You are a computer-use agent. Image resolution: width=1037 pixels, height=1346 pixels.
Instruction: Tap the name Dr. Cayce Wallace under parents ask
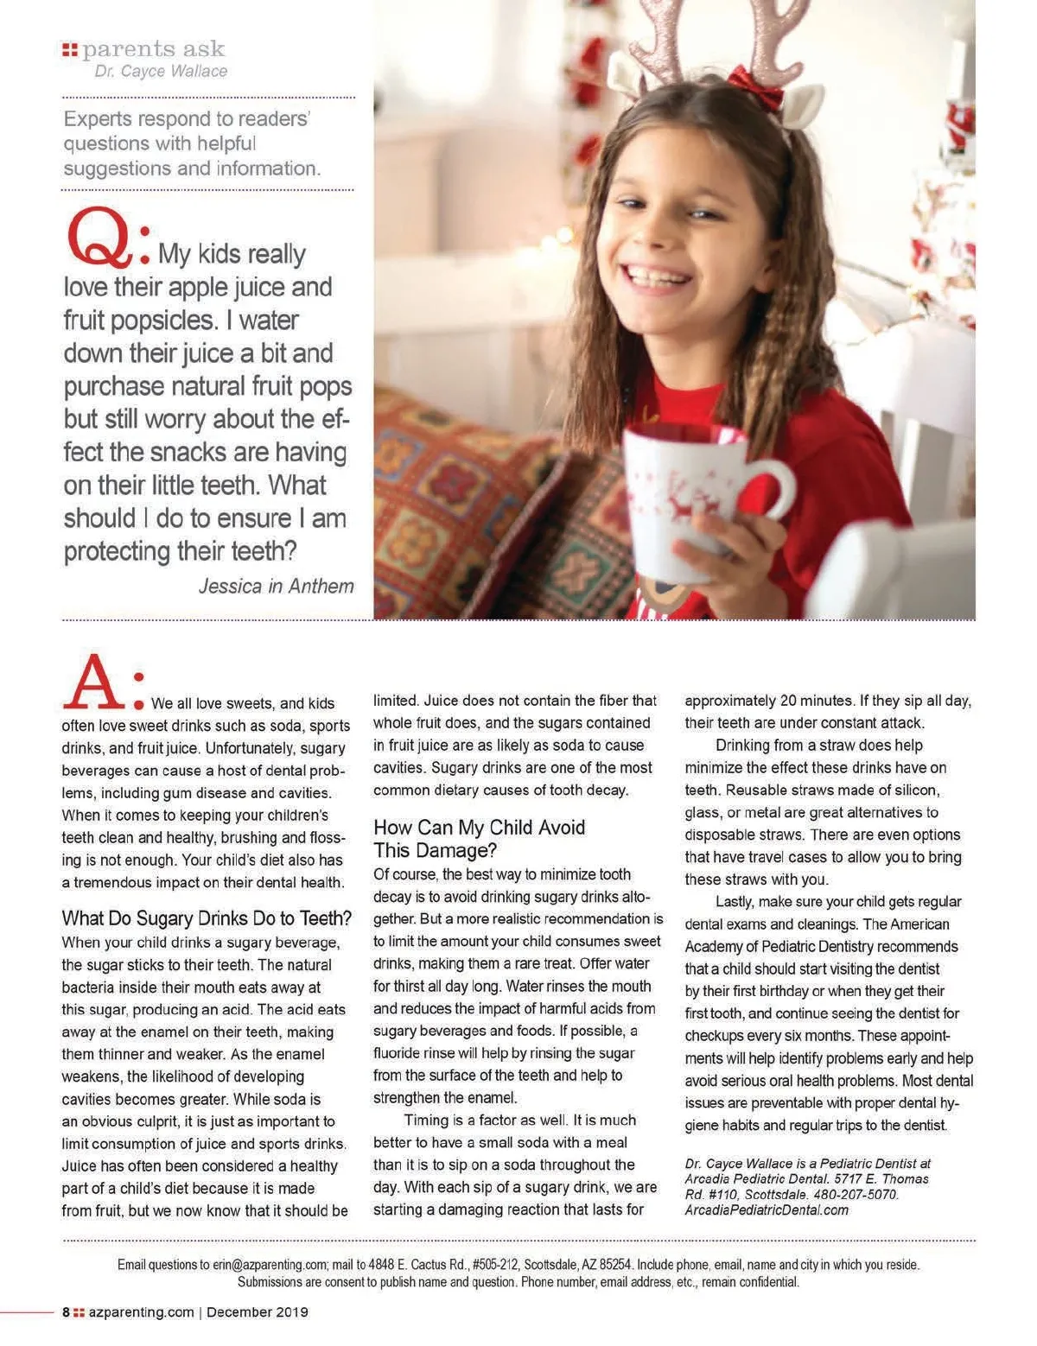click(161, 72)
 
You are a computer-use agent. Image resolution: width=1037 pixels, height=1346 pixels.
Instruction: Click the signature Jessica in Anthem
click(276, 587)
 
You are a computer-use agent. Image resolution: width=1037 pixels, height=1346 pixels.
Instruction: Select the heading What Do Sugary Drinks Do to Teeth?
click(207, 917)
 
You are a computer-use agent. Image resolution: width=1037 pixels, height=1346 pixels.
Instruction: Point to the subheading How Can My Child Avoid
click(479, 828)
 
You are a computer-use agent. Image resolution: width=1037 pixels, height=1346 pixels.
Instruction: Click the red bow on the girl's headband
click(754, 84)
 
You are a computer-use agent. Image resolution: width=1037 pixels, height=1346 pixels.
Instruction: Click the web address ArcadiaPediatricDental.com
click(767, 1210)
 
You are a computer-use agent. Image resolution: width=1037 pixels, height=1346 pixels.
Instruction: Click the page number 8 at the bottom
click(67, 1312)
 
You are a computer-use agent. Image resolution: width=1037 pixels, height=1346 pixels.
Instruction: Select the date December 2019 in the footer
click(257, 1312)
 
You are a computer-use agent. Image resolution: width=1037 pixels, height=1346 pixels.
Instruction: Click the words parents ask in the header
click(153, 49)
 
